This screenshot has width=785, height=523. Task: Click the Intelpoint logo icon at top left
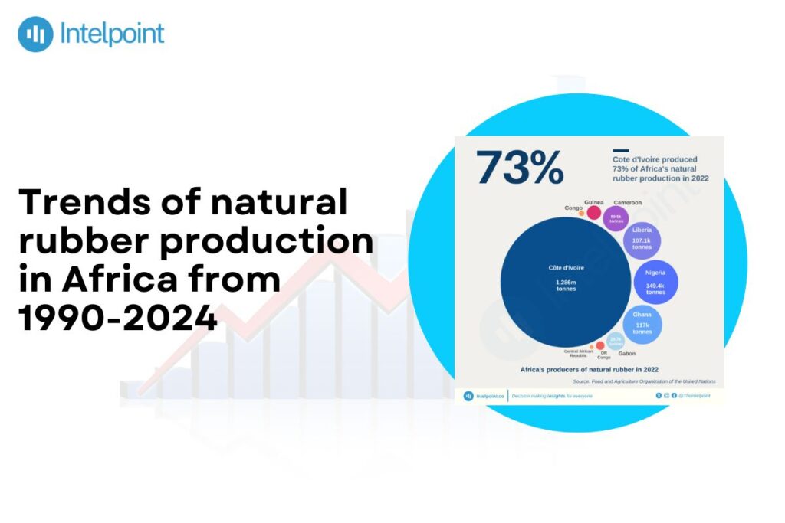pos(35,34)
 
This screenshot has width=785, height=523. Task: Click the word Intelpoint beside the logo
pos(111,34)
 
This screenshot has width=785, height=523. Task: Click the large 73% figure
pos(520,167)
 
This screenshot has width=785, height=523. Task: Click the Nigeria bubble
pos(655,283)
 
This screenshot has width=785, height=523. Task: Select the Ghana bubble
pos(642,324)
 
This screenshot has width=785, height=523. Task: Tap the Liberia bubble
pos(642,240)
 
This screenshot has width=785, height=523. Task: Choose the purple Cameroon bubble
pos(616,218)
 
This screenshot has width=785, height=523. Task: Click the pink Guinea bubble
pos(593,212)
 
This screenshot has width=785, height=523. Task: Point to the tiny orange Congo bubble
pos(582,214)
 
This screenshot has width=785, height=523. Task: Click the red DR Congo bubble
pos(600,346)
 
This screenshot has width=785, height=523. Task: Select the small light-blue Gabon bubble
pos(616,342)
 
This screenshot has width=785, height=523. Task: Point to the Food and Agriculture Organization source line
pos(644,381)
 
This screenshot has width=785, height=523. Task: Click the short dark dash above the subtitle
pos(620,151)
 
